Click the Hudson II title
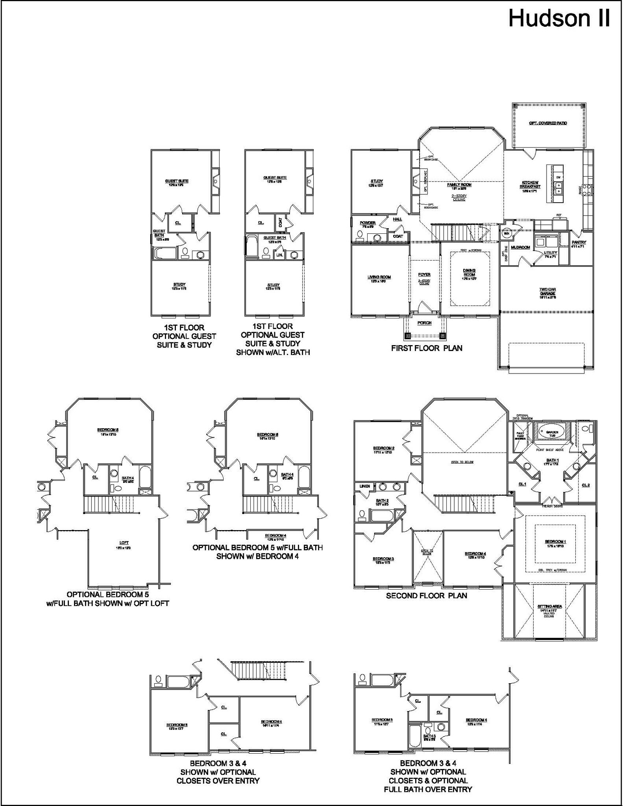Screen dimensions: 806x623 (x=559, y=18)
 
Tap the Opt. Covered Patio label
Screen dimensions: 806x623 (x=548, y=123)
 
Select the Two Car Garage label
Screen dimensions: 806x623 (x=547, y=291)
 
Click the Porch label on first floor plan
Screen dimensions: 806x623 (x=424, y=323)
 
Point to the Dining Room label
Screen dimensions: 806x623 (x=469, y=272)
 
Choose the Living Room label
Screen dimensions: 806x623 (x=379, y=277)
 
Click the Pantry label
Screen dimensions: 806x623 (x=579, y=242)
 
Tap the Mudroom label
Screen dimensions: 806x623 (x=520, y=248)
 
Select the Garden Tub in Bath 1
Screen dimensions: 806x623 (x=552, y=432)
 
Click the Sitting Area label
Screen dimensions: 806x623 (x=549, y=606)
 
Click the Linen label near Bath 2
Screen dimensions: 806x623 (x=364, y=486)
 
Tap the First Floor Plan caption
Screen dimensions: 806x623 (x=427, y=348)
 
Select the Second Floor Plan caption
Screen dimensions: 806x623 (x=426, y=596)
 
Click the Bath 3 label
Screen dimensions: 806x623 (x=429, y=736)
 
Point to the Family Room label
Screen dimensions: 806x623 (x=459, y=185)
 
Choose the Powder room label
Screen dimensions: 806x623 (x=368, y=223)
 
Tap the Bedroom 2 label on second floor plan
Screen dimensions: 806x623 (x=383, y=448)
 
